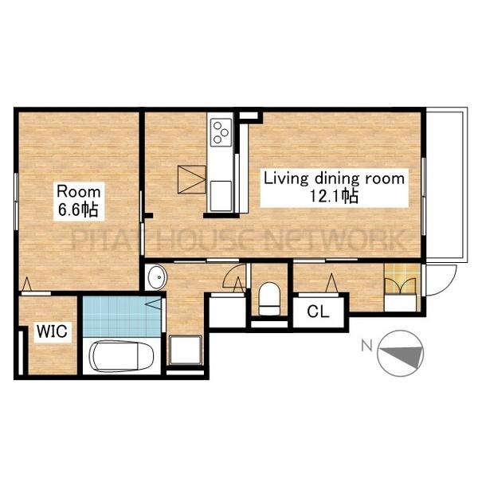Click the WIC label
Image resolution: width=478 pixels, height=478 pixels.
coord(52,331)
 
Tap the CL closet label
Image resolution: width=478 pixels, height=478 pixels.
coord(318,311)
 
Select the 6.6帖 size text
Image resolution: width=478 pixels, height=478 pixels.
coord(78,210)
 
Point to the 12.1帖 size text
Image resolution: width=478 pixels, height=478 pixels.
coord(334,196)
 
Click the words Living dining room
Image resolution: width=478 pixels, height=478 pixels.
coord(334,178)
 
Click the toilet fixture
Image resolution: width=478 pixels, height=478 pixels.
coord(269,299)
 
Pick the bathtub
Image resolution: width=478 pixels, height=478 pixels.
coord(122,356)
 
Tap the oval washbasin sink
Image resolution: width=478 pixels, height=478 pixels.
coord(157,277)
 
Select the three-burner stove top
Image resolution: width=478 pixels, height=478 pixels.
coord(221,132)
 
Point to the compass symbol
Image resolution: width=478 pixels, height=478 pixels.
coord(400,354)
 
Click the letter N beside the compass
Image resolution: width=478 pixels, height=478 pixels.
coord(367,345)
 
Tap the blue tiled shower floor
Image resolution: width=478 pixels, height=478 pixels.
coord(122,316)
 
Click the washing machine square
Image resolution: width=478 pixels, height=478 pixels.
coord(186,350)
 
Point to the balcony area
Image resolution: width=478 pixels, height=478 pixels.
coord(446,185)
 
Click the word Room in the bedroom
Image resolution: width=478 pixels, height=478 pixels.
coord(78,192)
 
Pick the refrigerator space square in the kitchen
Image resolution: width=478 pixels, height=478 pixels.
coord(191,179)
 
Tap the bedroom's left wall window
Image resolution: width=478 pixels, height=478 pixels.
coord(17,202)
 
